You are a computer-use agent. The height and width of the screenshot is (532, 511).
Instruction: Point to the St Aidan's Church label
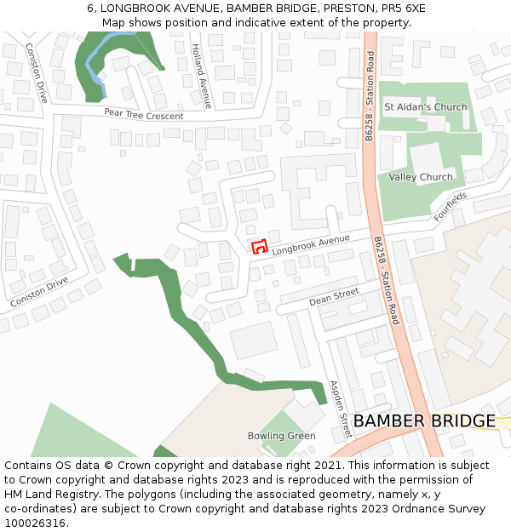pos(425,107)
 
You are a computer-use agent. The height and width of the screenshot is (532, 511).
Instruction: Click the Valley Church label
pos(421,177)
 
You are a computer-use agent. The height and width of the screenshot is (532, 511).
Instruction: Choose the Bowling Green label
pos(281,436)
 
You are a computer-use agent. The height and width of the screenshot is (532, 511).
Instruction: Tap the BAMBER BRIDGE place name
pos(423,421)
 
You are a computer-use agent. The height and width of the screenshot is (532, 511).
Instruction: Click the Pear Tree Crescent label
pos(143,114)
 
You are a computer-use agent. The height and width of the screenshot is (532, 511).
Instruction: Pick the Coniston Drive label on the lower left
pos(39,292)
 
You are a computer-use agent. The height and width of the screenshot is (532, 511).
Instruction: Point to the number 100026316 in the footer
pos(35,523)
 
